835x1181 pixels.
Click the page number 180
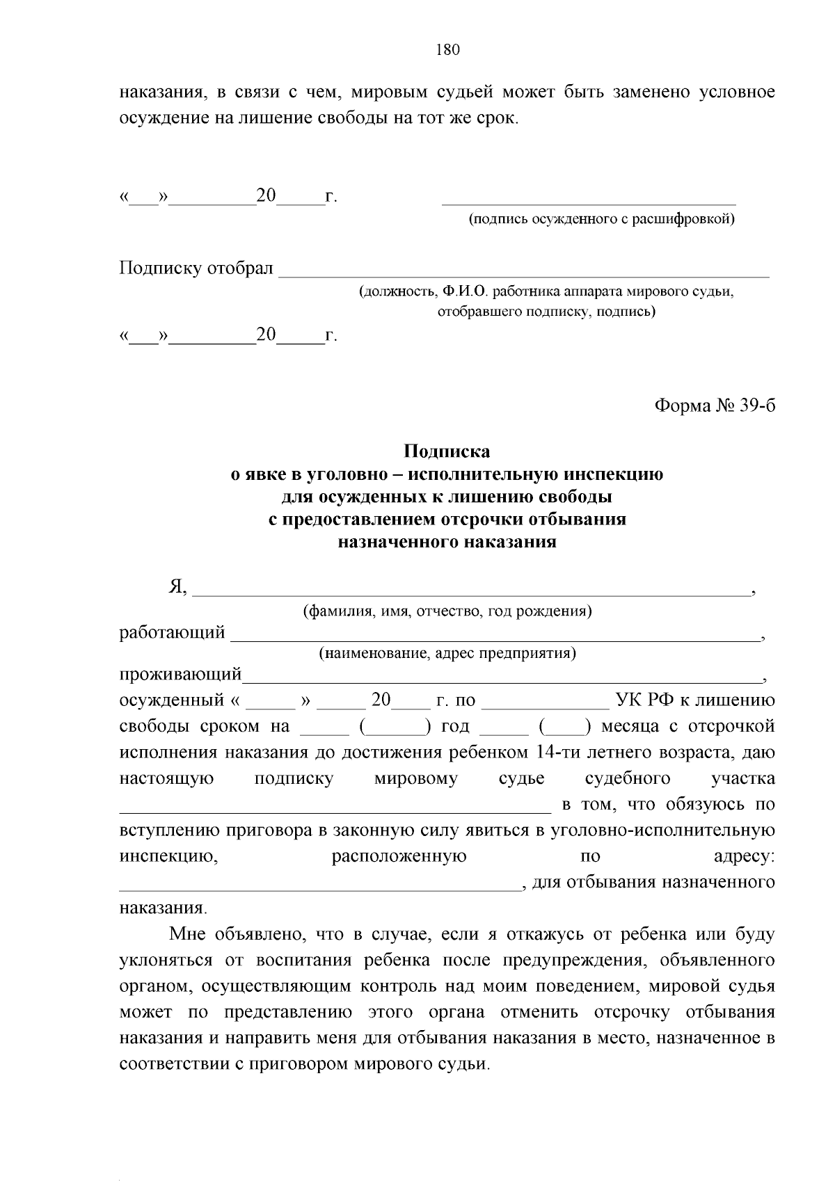[447, 50]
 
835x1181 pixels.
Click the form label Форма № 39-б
[715, 405]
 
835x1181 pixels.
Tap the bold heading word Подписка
[447, 451]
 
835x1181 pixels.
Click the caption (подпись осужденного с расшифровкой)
[601, 219]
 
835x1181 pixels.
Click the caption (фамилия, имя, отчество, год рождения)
[447, 611]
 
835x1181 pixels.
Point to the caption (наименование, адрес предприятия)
[447, 653]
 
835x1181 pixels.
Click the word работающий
[172, 632]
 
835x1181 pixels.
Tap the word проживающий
[180, 674]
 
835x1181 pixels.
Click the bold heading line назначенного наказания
[447, 543]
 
